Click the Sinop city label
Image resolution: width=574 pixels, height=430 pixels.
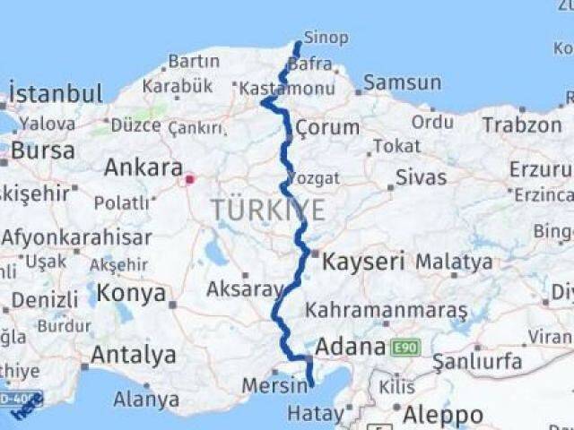[x=322, y=37]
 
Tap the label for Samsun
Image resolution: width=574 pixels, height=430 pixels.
[x=403, y=83]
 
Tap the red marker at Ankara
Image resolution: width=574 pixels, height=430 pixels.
[x=189, y=179]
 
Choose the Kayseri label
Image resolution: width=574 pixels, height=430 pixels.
[x=364, y=262]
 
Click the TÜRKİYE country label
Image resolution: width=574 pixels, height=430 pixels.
[x=267, y=210]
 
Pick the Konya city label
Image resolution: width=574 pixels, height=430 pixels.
[x=131, y=293]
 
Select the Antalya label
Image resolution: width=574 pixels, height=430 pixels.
[x=134, y=356]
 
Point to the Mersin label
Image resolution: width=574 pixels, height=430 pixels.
[x=272, y=387]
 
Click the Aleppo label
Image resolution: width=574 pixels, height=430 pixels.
[x=442, y=415]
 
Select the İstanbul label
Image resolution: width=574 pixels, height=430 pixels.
[x=56, y=93]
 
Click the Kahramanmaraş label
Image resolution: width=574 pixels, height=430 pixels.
[x=387, y=311]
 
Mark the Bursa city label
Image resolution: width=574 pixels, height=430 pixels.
[x=43, y=150]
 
